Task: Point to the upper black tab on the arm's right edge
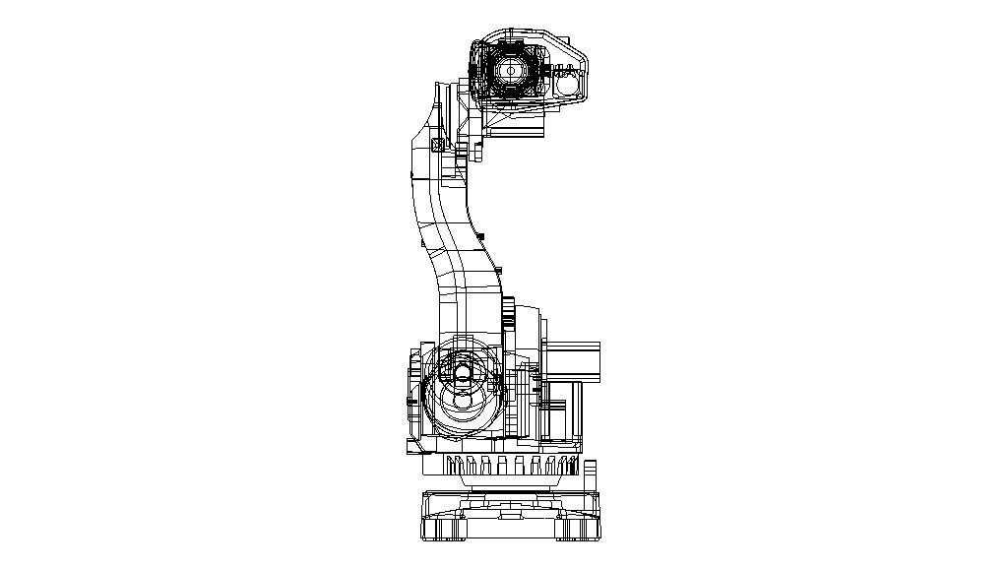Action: [x=481, y=236]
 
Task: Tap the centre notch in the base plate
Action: [x=508, y=513]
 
